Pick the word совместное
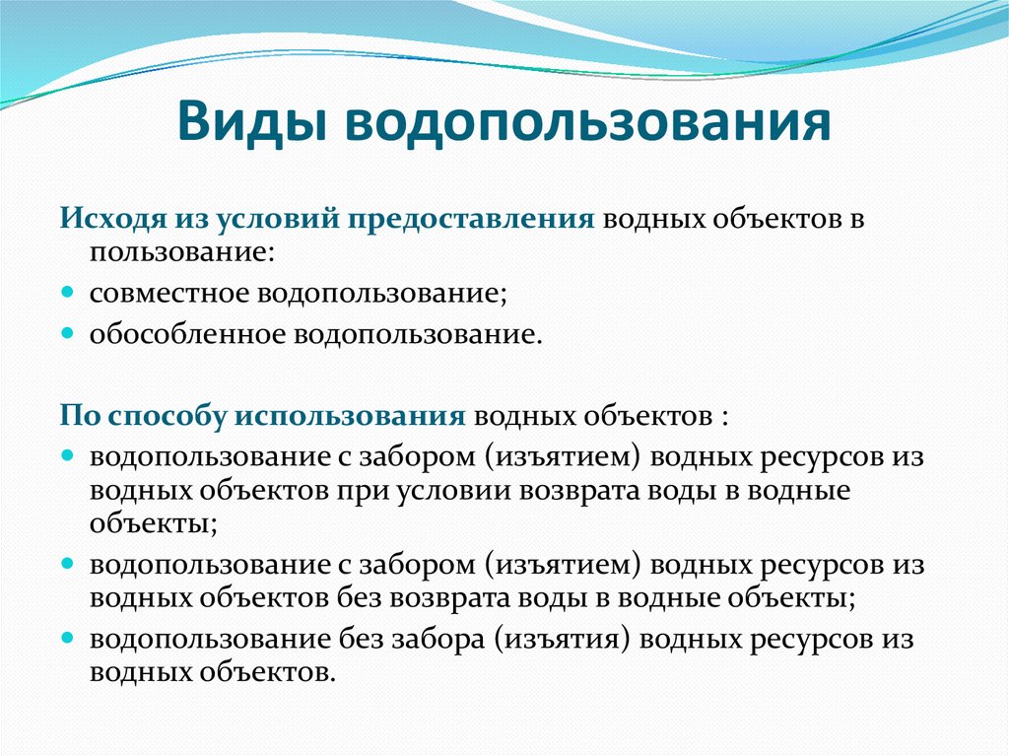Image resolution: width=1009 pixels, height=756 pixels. tap(171, 294)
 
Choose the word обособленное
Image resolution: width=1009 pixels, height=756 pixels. tap(187, 334)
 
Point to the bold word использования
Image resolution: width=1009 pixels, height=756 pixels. tap(349, 415)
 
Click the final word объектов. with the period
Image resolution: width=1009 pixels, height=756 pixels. tap(275, 672)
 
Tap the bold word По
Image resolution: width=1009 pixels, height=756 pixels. tap(79, 415)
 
